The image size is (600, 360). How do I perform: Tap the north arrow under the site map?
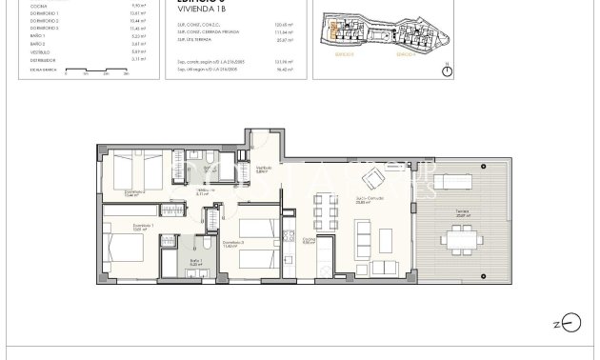click(448, 73)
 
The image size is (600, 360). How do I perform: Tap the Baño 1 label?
click(196, 262)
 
